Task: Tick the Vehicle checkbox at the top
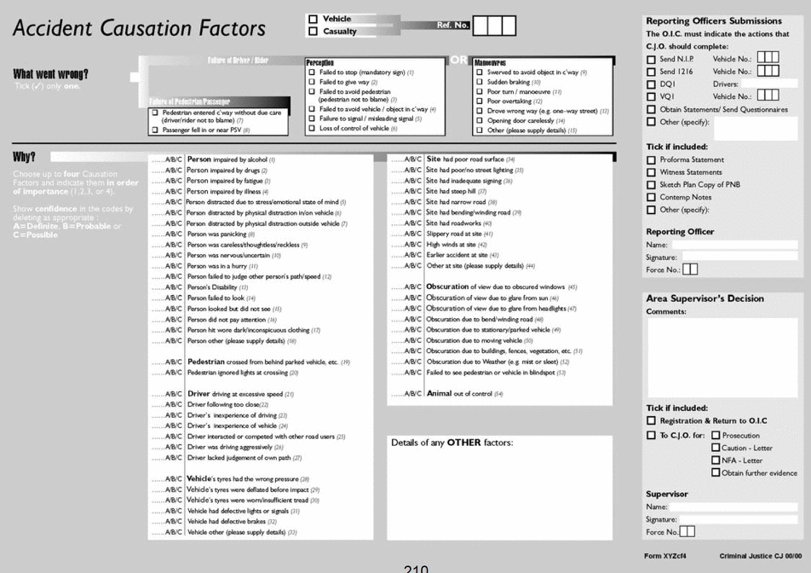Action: (313, 19)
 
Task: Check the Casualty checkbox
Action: (313, 32)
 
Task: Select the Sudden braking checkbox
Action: (480, 83)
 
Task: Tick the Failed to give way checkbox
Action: (312, 83)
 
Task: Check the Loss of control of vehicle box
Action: (312, 129)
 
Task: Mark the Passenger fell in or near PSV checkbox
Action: (154, 130)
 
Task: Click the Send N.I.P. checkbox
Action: (651, 59)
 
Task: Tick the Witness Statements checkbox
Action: (651, 172)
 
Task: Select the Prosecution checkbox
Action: (716, 436)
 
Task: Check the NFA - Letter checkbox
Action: (716, 460)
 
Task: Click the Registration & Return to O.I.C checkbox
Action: (651, 421)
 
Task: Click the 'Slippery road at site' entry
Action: (459, 234)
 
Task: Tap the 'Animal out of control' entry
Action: (464, 393)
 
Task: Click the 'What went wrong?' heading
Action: (50, 74)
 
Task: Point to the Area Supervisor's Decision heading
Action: (705, 298)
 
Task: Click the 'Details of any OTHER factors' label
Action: (452, 443)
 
